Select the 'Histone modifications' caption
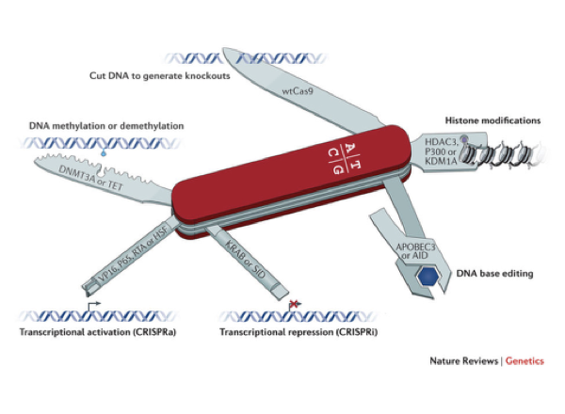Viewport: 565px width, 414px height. (x=493, y=121)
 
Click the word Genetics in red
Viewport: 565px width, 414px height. (x=525, y=361)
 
